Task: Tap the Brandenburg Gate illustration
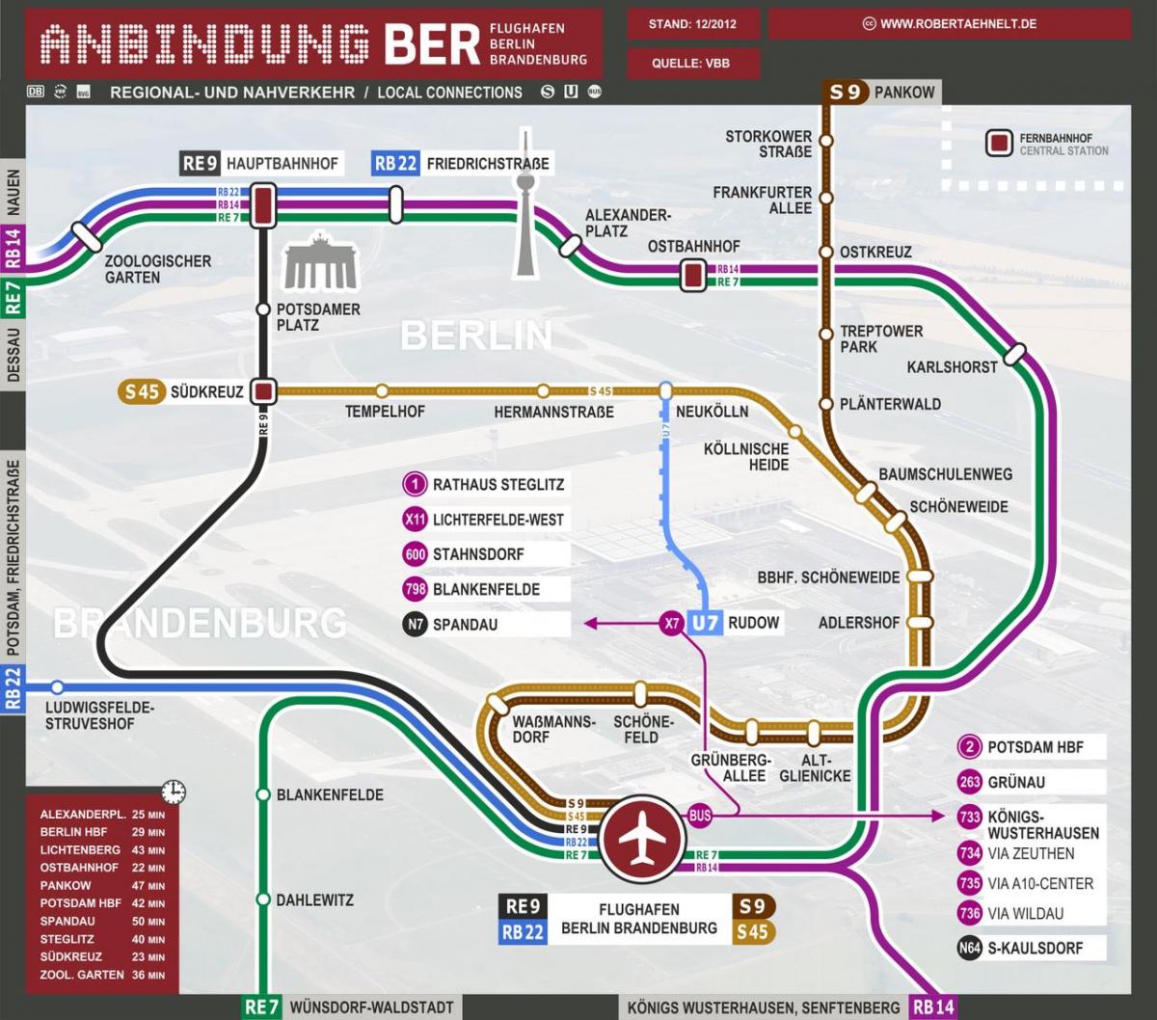point(319,262)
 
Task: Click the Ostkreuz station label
point(875,253)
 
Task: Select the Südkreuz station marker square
point(263,391)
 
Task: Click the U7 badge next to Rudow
point(705,623)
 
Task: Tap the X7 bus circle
point(672,624)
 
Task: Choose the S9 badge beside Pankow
point(845,93)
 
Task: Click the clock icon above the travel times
point(174,792)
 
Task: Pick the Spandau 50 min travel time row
point(102,922)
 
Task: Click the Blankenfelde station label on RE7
point(330,795)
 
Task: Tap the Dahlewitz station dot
point(263,899)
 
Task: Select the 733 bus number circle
point(970,818)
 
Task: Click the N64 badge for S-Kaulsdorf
point(970,948)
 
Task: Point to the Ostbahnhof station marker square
point(692,276)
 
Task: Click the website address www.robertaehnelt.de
point(950,24)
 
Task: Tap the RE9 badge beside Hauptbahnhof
point(201,164)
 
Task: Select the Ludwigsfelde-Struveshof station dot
point(58,687)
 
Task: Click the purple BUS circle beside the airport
point(700,816)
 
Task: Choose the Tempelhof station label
point(385,412)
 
